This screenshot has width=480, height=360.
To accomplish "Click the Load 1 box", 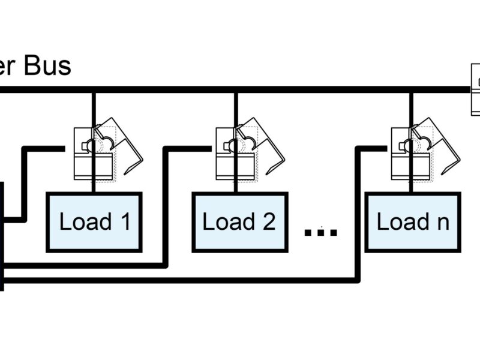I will pos(94,222).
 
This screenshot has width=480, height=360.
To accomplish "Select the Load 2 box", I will pos(239,222).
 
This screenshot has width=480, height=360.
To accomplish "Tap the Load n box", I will pos(412,222).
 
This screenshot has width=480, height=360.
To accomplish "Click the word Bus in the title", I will pos(47,66).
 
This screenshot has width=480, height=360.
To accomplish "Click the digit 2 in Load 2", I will pos(268,222).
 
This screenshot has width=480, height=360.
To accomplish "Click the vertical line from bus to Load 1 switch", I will pos(93,108).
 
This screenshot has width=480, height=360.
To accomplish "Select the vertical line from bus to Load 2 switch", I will pos(236,108).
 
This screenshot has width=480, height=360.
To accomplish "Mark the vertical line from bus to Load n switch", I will pos(410,108).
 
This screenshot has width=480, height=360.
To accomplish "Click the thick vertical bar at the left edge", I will pos(2,234).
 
